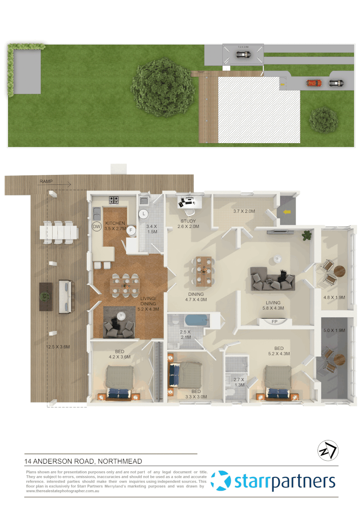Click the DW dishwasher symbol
pos(97,227)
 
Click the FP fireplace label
pos(274,322)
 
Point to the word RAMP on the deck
pos(46,182)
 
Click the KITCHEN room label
pos(115,223)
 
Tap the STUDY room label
pos(189,221)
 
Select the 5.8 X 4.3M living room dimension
pos(273,309)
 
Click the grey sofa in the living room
pos(272,279)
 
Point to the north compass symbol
pos(327,450)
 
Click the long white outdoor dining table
pos(59,232)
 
